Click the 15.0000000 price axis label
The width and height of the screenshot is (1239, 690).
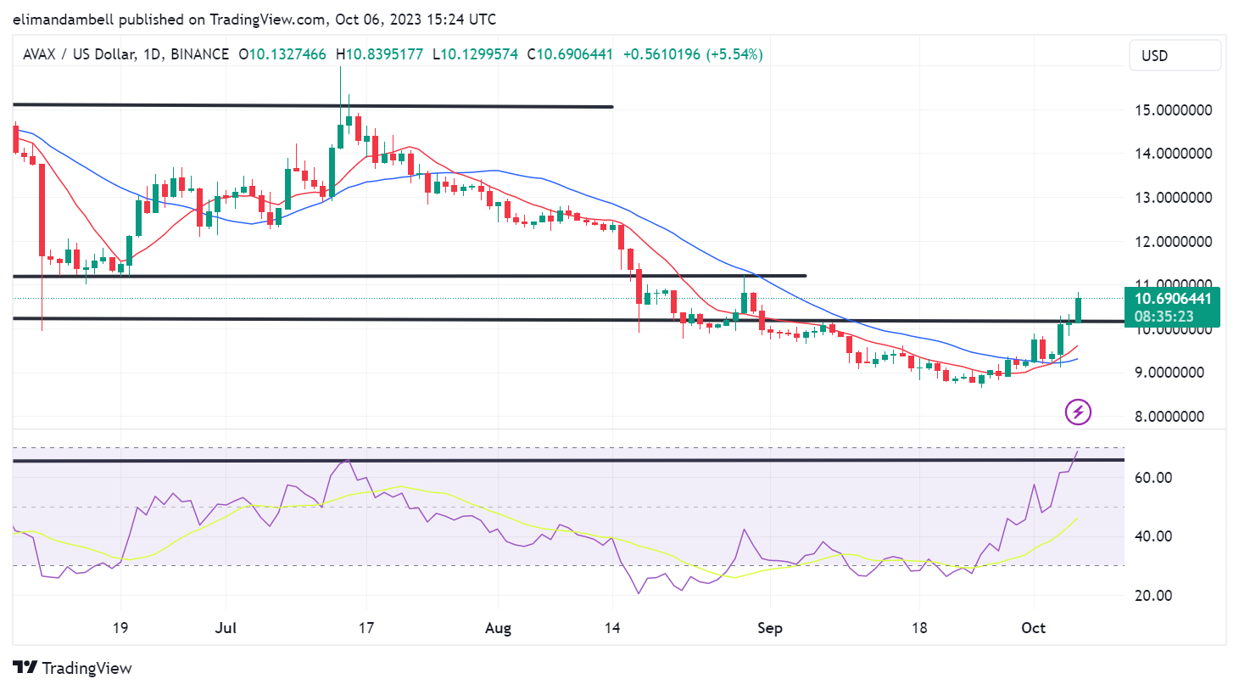[1173, 110]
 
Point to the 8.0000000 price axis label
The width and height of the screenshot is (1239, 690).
[1173, 417]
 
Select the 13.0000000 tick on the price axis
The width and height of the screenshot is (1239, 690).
[1173, 198]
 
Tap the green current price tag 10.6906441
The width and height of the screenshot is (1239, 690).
[1173, 299]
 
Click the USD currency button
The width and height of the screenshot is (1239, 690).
[1175, 56]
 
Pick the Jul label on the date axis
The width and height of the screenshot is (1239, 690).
[226, 628]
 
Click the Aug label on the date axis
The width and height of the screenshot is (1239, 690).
[498, 628]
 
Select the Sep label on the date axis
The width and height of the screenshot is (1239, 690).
[769, 628]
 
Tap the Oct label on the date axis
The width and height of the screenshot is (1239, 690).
[1033, 628]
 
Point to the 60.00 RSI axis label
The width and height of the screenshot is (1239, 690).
[1153, 478]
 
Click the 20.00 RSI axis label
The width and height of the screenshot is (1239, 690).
[1153, 596]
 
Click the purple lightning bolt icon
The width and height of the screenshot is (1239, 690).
[1078, 412]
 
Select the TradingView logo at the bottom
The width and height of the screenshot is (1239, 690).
[73, 668]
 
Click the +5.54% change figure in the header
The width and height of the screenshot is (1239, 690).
[736, 54]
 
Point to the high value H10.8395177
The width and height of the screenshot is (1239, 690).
[379, 54]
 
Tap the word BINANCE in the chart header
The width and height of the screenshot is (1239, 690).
[199, 54]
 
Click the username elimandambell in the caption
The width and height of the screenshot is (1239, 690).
[64, 19]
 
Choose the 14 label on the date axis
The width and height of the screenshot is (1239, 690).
[612, 628]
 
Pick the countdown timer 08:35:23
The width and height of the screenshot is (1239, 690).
[1164, 317]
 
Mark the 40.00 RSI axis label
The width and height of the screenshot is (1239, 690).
[1153, 536]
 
